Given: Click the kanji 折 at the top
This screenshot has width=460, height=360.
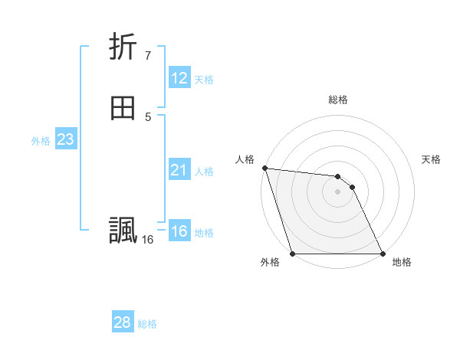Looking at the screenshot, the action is [x=123, y=47].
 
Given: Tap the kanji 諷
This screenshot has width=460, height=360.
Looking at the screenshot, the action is [x=123, y=231].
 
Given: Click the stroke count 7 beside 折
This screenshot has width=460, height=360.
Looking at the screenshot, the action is [x=147, y=55].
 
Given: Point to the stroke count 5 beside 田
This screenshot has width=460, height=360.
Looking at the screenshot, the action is [x=147, y=116].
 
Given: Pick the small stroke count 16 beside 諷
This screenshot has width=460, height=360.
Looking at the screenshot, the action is [x=147, y=240].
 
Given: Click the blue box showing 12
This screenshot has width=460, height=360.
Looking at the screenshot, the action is [x=179, y=78].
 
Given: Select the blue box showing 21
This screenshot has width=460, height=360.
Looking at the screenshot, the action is [x=179, y=170].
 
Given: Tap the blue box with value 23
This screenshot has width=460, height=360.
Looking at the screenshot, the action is [x=65, y=139].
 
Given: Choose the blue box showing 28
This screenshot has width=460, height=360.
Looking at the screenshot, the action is [x=122, y=322].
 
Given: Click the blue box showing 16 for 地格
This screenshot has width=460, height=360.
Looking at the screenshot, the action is [x=179, y=231].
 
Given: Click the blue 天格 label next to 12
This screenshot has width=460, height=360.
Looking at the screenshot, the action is [x=204, y=80].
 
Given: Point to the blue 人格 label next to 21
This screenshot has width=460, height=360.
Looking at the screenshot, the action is [x=204, y=172].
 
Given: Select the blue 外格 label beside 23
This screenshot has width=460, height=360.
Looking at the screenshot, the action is [x=41, y=141].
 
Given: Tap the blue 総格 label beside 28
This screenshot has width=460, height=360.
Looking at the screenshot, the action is [x=147, y=324].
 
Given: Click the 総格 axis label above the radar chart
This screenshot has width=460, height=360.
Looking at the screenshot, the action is [x=338, y=100].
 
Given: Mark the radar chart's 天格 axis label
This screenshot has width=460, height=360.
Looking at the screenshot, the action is [x=431, y=159].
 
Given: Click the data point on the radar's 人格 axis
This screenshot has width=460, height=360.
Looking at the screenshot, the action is [x=264, y=168].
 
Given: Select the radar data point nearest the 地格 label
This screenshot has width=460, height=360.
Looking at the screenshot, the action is [x=382, y=253].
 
